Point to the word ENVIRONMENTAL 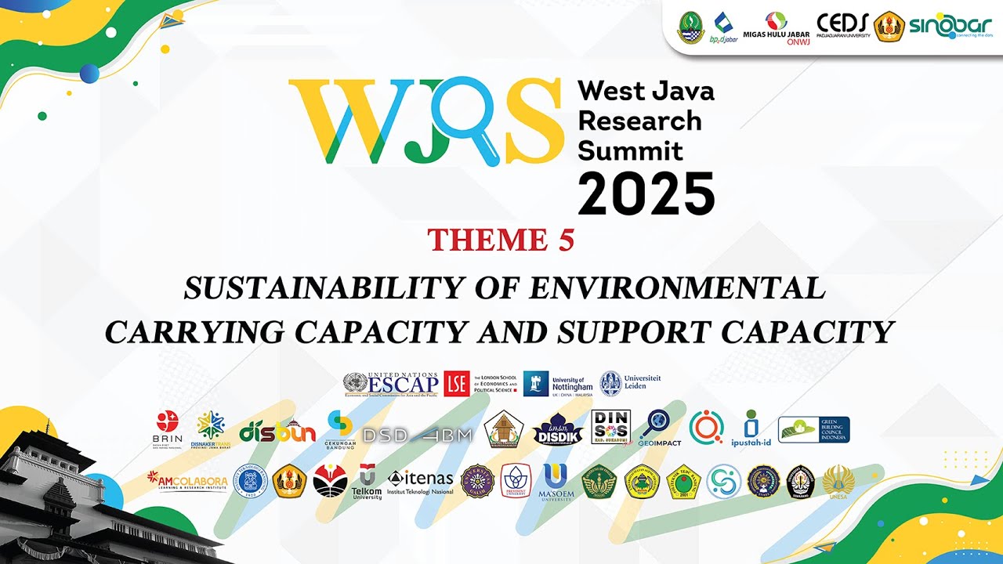pos(678,288)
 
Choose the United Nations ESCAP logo pos(390,383)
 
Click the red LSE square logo pos(456,383)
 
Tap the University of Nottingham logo pos(558,383)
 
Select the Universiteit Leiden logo pos(630,383)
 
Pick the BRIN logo pos(167,428)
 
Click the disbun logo pos(277,431)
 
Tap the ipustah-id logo pos(751,428)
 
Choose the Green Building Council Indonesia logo pos(813,430)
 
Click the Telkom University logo pos(367,482)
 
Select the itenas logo pos(420,480)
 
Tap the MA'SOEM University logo pos(556,482)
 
